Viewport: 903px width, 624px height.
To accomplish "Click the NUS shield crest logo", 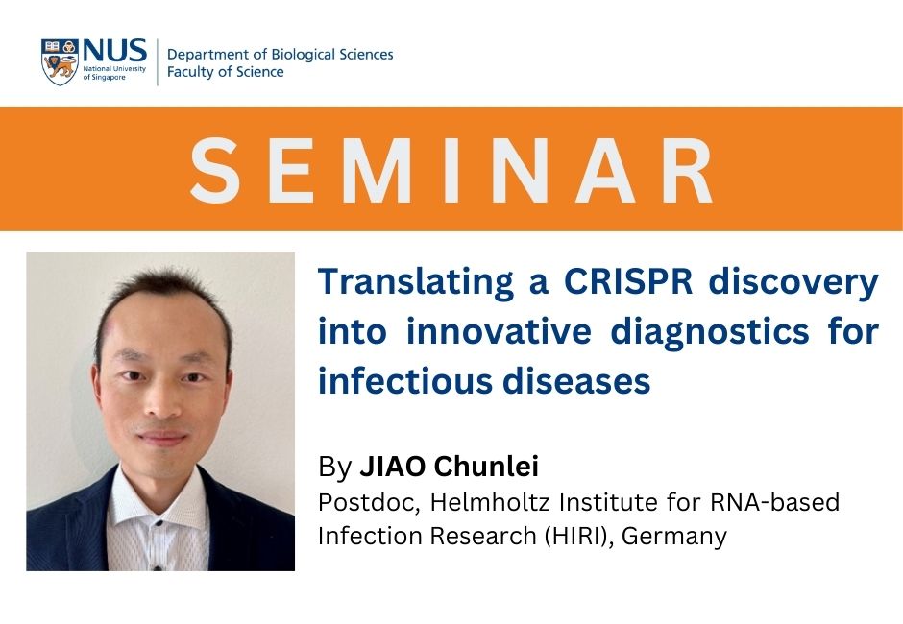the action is [60, 61].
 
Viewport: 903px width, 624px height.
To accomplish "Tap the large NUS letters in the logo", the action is [114, 51].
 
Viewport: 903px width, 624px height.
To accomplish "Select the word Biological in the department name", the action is [303, 55].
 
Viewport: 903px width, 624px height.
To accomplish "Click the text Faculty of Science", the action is [225, 72].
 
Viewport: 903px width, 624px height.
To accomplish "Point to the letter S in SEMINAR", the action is [215, 170].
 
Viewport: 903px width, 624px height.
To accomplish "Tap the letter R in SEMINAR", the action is [687, 170].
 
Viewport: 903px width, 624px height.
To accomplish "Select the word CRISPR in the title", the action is [627, 281].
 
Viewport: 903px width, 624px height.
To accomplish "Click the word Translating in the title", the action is [416, 283].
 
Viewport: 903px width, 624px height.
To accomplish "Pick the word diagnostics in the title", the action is [710, 332].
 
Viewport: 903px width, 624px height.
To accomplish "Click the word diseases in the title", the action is [576, 381].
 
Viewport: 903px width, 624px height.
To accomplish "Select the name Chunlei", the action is [486, 467].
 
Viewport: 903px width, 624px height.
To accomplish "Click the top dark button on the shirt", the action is [158, 523].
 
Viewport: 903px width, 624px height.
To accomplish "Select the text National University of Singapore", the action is [114, 73].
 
